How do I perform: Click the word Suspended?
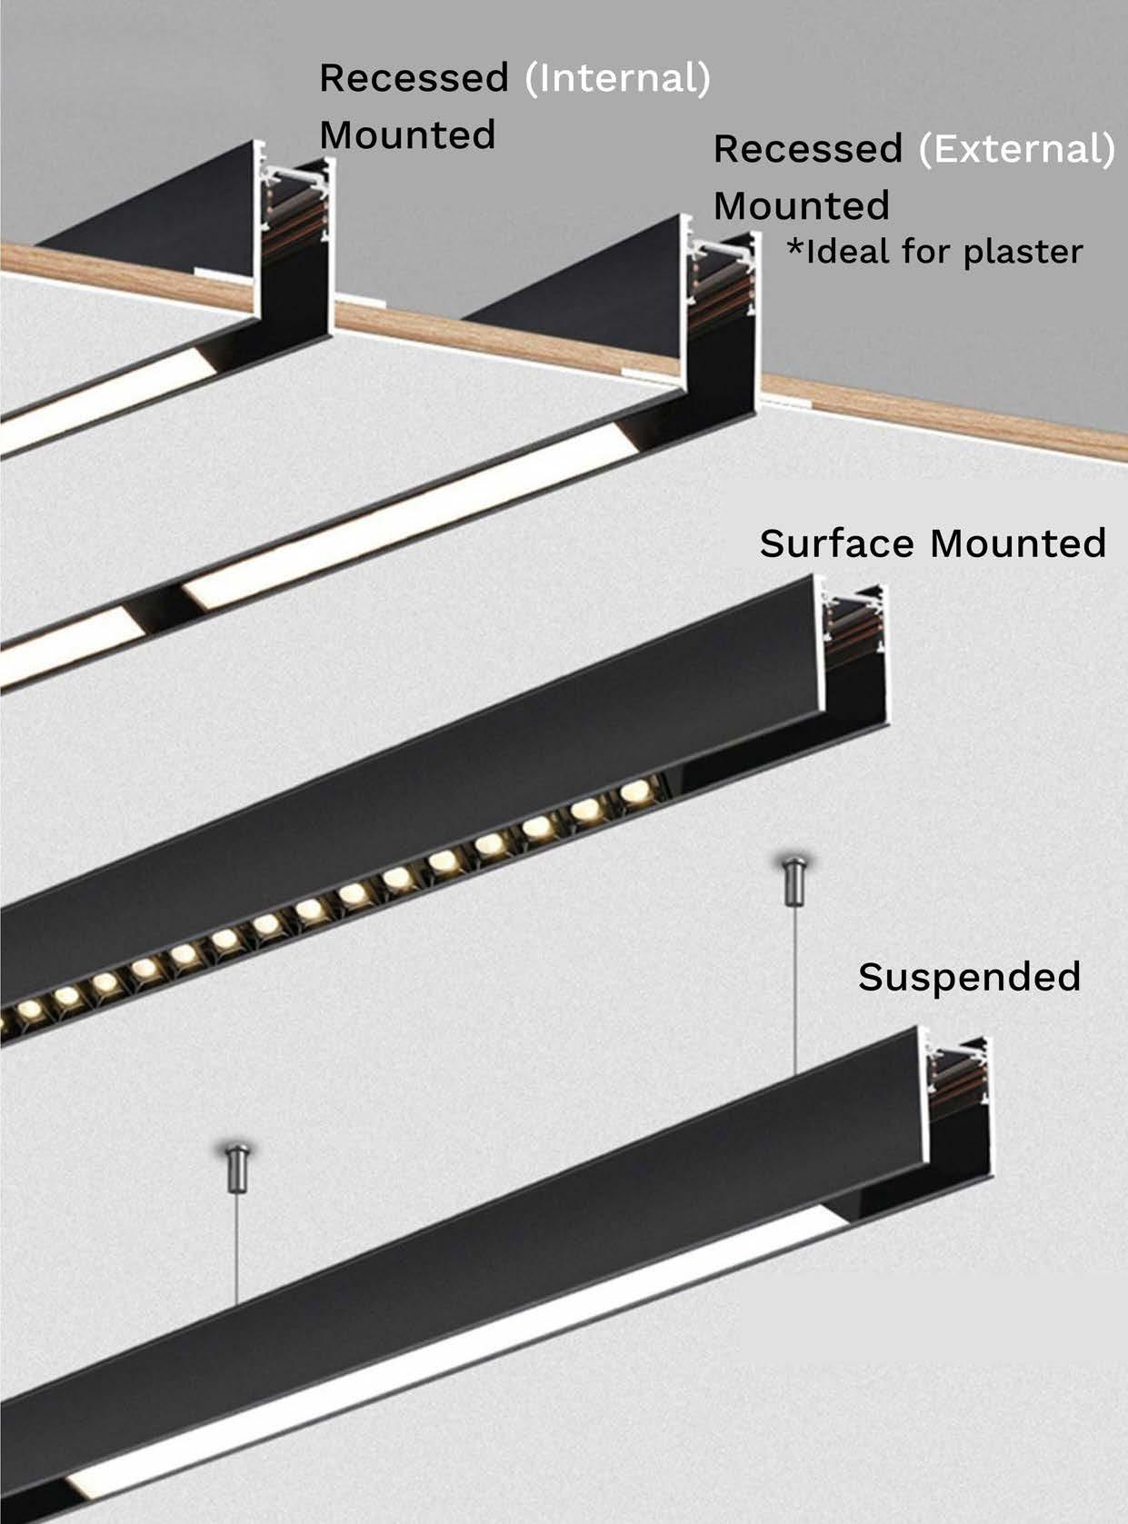pyautogui.click(x=969, y=977)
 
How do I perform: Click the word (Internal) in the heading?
pyautogui.click(x=617, y=78)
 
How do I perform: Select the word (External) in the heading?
pyautogui.click(x=1016, y=149)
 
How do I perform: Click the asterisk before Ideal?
pyautogui.click(x=795, y=249)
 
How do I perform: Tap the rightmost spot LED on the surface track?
pyautogui.click(x=637, y=792)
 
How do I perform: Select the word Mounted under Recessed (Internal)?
pyautogui.click(x=407, y=135)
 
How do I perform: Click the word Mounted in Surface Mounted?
pyautogui.click(x=1018, y=543)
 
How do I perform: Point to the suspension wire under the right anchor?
pyautogui.click(x=795, y=981)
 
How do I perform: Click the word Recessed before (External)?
pyautogui.click(x=807, y=149)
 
